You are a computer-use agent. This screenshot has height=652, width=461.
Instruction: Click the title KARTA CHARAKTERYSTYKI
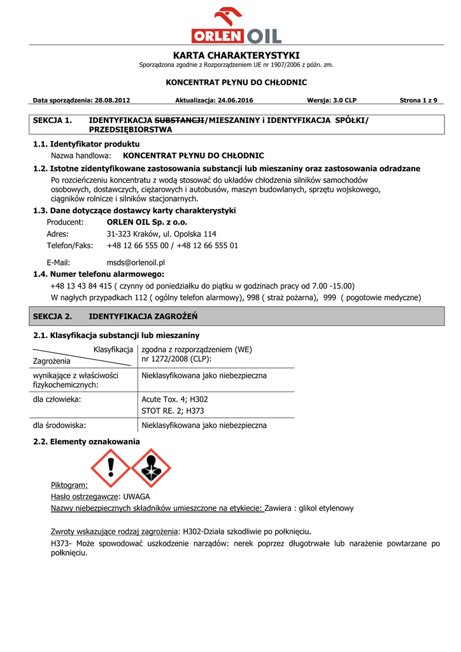pyautogui.click(x=236, y=55)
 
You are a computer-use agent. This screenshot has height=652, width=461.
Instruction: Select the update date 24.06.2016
pyautogui.click(x=236, y=101)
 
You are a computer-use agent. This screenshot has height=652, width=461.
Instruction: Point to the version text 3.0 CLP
pyautogui.click(x=344, y=101)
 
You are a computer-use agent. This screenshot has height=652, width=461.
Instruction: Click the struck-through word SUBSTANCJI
pyautogui.click(x=180, y=120)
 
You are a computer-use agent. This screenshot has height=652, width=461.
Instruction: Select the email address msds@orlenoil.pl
pyautogui.click(x=136, y=262)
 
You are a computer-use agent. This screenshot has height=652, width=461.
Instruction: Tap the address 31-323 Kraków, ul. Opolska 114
pyautogui.click(x=161, y=234)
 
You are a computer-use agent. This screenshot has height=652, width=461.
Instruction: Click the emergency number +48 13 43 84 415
pyautogui.click(x=82, y=286)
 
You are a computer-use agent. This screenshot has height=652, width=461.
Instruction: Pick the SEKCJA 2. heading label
pyautogui.click(x=52, y=316)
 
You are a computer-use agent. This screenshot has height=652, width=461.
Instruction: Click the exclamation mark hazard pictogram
pyautogui.click(x=111, y=469)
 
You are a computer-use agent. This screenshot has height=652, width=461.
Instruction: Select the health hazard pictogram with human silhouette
pyautogui.click(x=150, y=469)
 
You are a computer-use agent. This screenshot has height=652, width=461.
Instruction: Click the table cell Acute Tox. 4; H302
pyautogui.click(x=174, y=399)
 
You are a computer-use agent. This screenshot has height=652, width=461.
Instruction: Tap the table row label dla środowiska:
pyautogui.click(x=59, y=425)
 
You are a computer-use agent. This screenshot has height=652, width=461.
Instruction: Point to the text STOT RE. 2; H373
pyautogui.click(x=168, y=411)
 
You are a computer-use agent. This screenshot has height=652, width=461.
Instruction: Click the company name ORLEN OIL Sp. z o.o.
pyautogui.click(x=147, y=222)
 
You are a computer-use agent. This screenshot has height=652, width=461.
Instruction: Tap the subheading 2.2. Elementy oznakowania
pyautogui.click(x=86, y=441)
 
